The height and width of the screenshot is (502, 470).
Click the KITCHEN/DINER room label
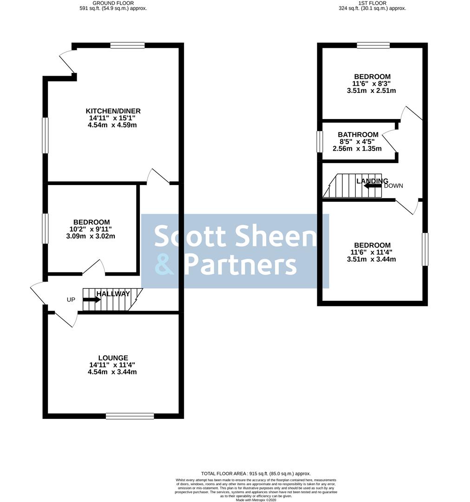pyautogui.click(x=113, y=111)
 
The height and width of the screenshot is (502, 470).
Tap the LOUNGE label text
pyautogui.click(x=113, y=358)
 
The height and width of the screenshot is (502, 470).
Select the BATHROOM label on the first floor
pyautogui.click(x=358, y=135)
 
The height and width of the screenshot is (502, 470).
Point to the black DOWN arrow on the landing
pyautogui.click(x=373, y=185)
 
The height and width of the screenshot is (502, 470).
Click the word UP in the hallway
pyautogui.click(x=71, y=300)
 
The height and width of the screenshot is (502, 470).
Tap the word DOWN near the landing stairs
pyautogui.click(x=393, y=185)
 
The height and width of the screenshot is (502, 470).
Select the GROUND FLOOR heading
pyautogui.click(x=113, y=3)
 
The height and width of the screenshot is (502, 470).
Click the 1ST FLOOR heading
pyautogui.click(x=372, y=3)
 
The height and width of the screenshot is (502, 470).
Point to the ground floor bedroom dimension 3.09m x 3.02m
pyautogui.click(x=91, y=236)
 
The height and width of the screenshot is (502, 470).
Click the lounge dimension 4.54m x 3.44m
pyautogui.click(x=112, y=372)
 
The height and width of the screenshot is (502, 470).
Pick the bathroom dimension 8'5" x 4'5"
pyautogui.click(x=357, y=141)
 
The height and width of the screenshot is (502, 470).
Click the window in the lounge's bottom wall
pyautogui.click(x=130, y=416)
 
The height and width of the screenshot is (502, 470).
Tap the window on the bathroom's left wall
pyautogui.click(x=320, y=141)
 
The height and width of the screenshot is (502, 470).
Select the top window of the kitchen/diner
pyautogui.click(x=127, y=46)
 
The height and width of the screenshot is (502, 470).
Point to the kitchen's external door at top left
pyautogui.click(x=67, y=61)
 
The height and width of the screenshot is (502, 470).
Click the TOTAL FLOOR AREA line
pyautogui.click(x=256, y=474)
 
